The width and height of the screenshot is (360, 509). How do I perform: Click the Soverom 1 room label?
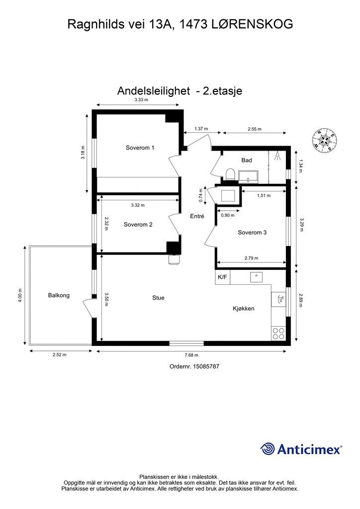click(140, 148)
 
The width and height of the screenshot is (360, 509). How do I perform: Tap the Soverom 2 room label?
click(138, 225)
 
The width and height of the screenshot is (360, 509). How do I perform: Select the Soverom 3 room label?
click(252, 233)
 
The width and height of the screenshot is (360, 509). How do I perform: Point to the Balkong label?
click(59, 295)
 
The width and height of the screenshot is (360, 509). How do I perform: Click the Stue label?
click(159, 298)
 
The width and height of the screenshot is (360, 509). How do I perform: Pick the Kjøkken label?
click(244, 308)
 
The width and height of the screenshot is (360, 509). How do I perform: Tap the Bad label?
click(247, 160)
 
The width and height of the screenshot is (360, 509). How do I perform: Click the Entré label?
click(197, 216)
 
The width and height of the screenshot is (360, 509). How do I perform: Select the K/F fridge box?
click(222, 277)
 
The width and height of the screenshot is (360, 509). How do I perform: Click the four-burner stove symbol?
click(278, 334)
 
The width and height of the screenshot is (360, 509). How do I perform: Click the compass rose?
click(325, 140)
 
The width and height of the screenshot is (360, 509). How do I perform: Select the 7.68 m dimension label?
click(191, 355)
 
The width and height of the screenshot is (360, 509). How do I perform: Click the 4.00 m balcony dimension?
click(20, 295)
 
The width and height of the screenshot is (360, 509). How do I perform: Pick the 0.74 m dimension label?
click(201, 195)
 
